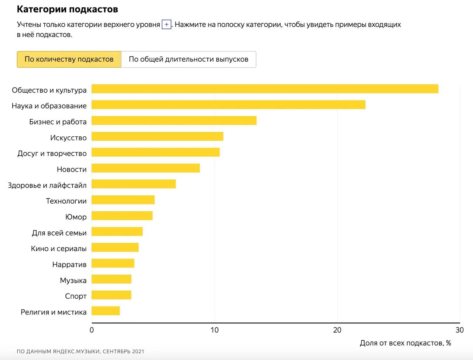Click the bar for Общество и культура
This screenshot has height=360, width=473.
point(265,89)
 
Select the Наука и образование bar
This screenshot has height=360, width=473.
point(228,105)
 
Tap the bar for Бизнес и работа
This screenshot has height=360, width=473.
point(174,120)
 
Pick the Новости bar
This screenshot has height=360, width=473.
point(146,168)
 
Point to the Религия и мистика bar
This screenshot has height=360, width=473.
point(106,311)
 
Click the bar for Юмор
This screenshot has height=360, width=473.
point(122,215)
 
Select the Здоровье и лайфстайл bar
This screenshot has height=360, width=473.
point(134,184)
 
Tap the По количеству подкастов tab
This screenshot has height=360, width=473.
point(69,59)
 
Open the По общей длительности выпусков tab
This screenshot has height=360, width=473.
point(189,59)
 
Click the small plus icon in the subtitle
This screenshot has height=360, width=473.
point(167,24)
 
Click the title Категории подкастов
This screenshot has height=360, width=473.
point(68,9)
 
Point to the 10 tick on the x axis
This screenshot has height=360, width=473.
point(214,330)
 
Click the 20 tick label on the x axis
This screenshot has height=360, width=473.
point(337,330)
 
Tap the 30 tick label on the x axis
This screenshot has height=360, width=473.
point(460,330)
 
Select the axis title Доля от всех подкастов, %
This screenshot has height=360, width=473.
point(405,343)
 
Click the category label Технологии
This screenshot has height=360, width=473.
point(66,201)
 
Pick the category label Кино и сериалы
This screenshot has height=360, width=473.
point(59,249)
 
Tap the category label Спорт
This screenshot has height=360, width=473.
point(76,296)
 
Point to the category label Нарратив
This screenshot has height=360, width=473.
point(69,264)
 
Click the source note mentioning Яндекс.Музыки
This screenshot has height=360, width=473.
point(81,351)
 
